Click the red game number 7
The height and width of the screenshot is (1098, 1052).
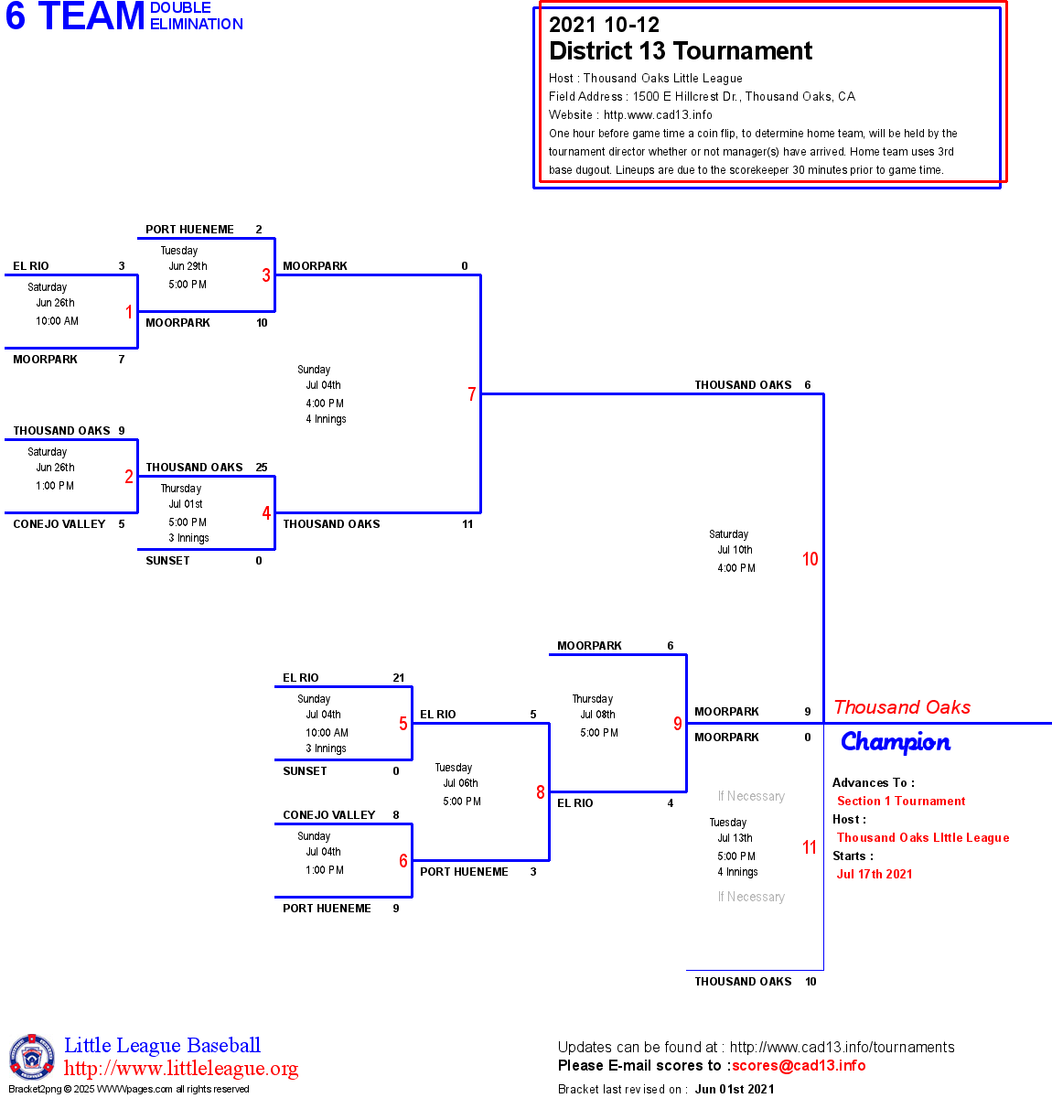click(472, 394)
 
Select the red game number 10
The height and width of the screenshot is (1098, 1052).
click(810, 559)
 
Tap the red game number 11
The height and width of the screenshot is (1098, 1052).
click(810, 847)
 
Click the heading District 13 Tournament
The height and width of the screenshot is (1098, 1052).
click(681, 51)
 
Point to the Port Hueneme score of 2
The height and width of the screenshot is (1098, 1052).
click(259, 230)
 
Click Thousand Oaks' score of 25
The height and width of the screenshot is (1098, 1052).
click(262, 468)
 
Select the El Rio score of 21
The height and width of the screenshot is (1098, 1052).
click(399, 678)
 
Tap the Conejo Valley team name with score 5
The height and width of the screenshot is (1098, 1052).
click(59, 524)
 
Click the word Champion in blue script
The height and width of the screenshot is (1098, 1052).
click(896, 742)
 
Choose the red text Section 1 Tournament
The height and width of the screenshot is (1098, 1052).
click(901, 802)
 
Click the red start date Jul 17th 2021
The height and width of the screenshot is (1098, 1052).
click(875, 875)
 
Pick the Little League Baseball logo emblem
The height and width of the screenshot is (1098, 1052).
click(32, 1058)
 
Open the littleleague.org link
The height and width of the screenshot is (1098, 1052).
click(181, 1069)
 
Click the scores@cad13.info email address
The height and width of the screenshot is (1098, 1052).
click(799, 1066)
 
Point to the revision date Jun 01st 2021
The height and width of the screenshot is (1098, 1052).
click(735, 1090)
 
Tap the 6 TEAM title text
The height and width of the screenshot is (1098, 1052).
click(75, 16)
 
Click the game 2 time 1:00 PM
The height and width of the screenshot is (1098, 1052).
click(55, 486)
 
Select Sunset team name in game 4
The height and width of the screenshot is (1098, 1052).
click(168, 561)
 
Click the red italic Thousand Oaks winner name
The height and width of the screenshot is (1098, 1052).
click(902, 707)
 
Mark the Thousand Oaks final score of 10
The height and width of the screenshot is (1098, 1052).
click(811, 982)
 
